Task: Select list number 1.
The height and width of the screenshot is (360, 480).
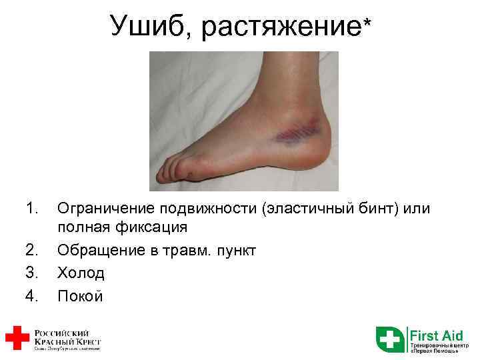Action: coord(30,209)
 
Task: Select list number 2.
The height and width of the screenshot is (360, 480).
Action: coord(30,250)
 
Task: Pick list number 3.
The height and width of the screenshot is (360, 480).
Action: coord(30,273)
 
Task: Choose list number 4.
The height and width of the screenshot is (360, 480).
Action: coord(30,295)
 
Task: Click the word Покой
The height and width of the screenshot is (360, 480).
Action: coord(81,295)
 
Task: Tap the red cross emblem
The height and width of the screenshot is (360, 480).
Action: coord(16,337)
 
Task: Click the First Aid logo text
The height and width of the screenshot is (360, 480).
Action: coord(437,335)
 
